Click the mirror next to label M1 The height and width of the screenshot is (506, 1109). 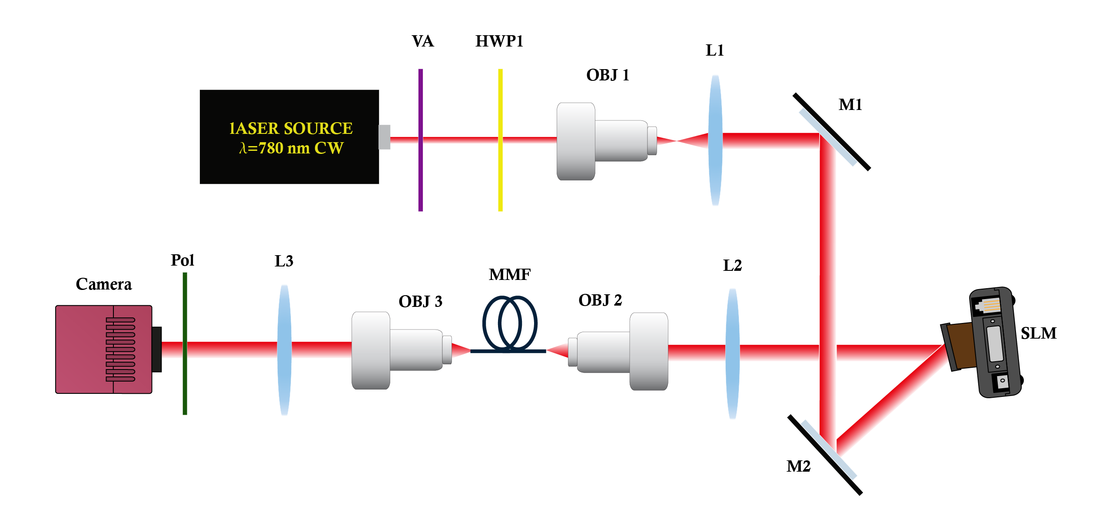click(x=831, y=132)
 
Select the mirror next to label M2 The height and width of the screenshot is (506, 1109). click(x=825, y=454)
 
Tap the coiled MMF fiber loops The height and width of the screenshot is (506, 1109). click(x=509, y=323)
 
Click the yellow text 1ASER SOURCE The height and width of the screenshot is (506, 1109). click(x=291, y=128)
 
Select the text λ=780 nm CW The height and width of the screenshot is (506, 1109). click(x=291, y=148)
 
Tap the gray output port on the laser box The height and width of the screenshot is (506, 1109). click(x=384, y=137)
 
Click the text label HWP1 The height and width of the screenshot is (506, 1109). click(x=499, y=41)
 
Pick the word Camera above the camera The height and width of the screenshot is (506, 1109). click(x=103, y=284)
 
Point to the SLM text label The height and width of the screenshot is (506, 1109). click(x=1038, y=333)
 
